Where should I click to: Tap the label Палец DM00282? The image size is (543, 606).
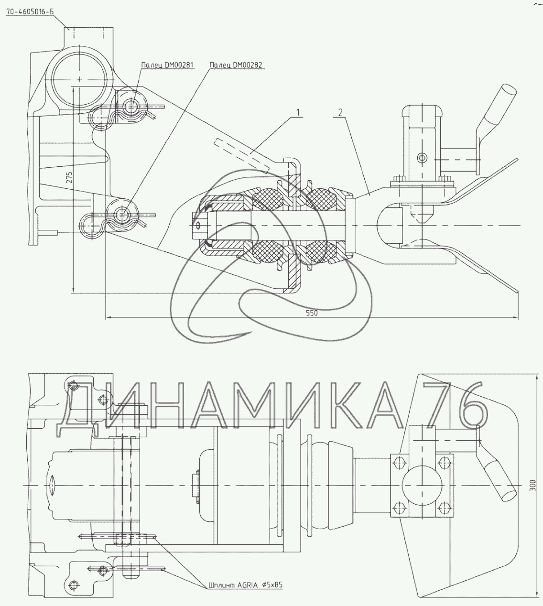coord(237,65)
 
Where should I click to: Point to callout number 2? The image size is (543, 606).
coord(340,113)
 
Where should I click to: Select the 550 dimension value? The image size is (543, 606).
coord(312,314)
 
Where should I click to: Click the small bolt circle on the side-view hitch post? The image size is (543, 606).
coord(421,157)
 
